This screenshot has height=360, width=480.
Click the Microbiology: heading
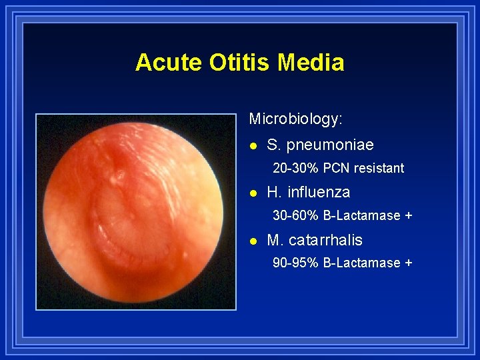(x=296, y=119)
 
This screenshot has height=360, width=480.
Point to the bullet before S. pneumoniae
(x=253, y=145)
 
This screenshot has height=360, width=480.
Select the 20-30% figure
(x=293, y=168)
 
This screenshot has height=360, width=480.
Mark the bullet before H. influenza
(x=253, y=193)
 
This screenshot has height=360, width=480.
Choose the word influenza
(x=319, y=192)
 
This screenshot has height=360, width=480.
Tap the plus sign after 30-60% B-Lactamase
(x=409, y=216)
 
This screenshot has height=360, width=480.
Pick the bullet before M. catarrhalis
(x=253, y=241)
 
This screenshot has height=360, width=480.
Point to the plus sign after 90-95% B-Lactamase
(x=409, y=263)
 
